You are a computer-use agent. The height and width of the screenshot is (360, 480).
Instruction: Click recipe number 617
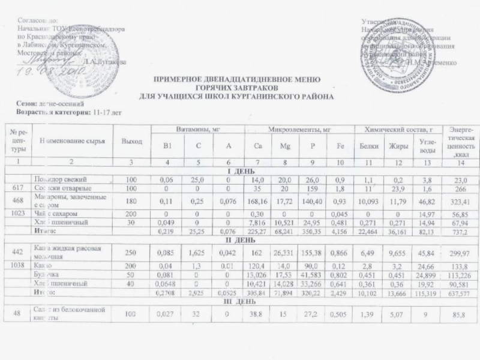(x=17, y=187)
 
